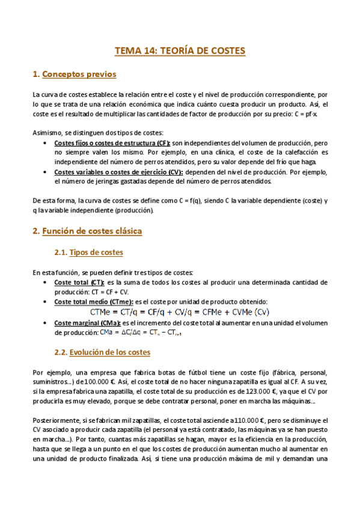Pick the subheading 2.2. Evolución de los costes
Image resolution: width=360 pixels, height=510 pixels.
[x=102, y=352]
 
